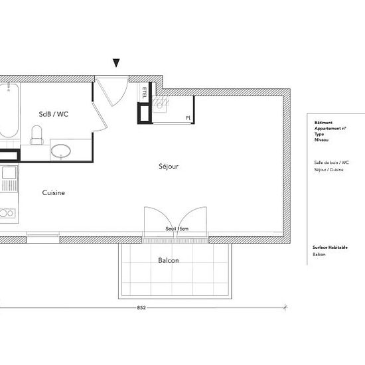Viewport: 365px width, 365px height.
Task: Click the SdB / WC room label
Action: click(54, 114)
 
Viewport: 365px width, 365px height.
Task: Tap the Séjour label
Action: click(169, 167)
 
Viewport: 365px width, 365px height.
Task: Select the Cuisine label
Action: click(53, 193)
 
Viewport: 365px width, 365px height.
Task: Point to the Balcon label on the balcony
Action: click(168, 261)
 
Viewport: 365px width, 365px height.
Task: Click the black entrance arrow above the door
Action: click(117, 63)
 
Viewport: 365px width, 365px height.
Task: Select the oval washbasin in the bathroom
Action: click(62, 151)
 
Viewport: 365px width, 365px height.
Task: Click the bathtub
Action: click(8, 110)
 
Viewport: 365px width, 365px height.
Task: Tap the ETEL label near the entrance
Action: click(145, 92)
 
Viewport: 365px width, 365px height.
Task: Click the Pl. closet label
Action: click(188, 118)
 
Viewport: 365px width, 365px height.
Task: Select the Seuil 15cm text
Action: click(177, 229)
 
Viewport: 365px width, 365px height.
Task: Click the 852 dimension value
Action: click(141, 307)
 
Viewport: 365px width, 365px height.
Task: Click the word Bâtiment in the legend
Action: click(323, 123)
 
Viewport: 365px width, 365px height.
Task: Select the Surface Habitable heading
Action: click(330, 246)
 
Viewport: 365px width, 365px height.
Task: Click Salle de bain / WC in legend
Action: click(331, 162)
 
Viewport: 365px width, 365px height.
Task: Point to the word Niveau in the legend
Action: click(321, 140)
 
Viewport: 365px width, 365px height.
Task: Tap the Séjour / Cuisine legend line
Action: click(329, 170)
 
